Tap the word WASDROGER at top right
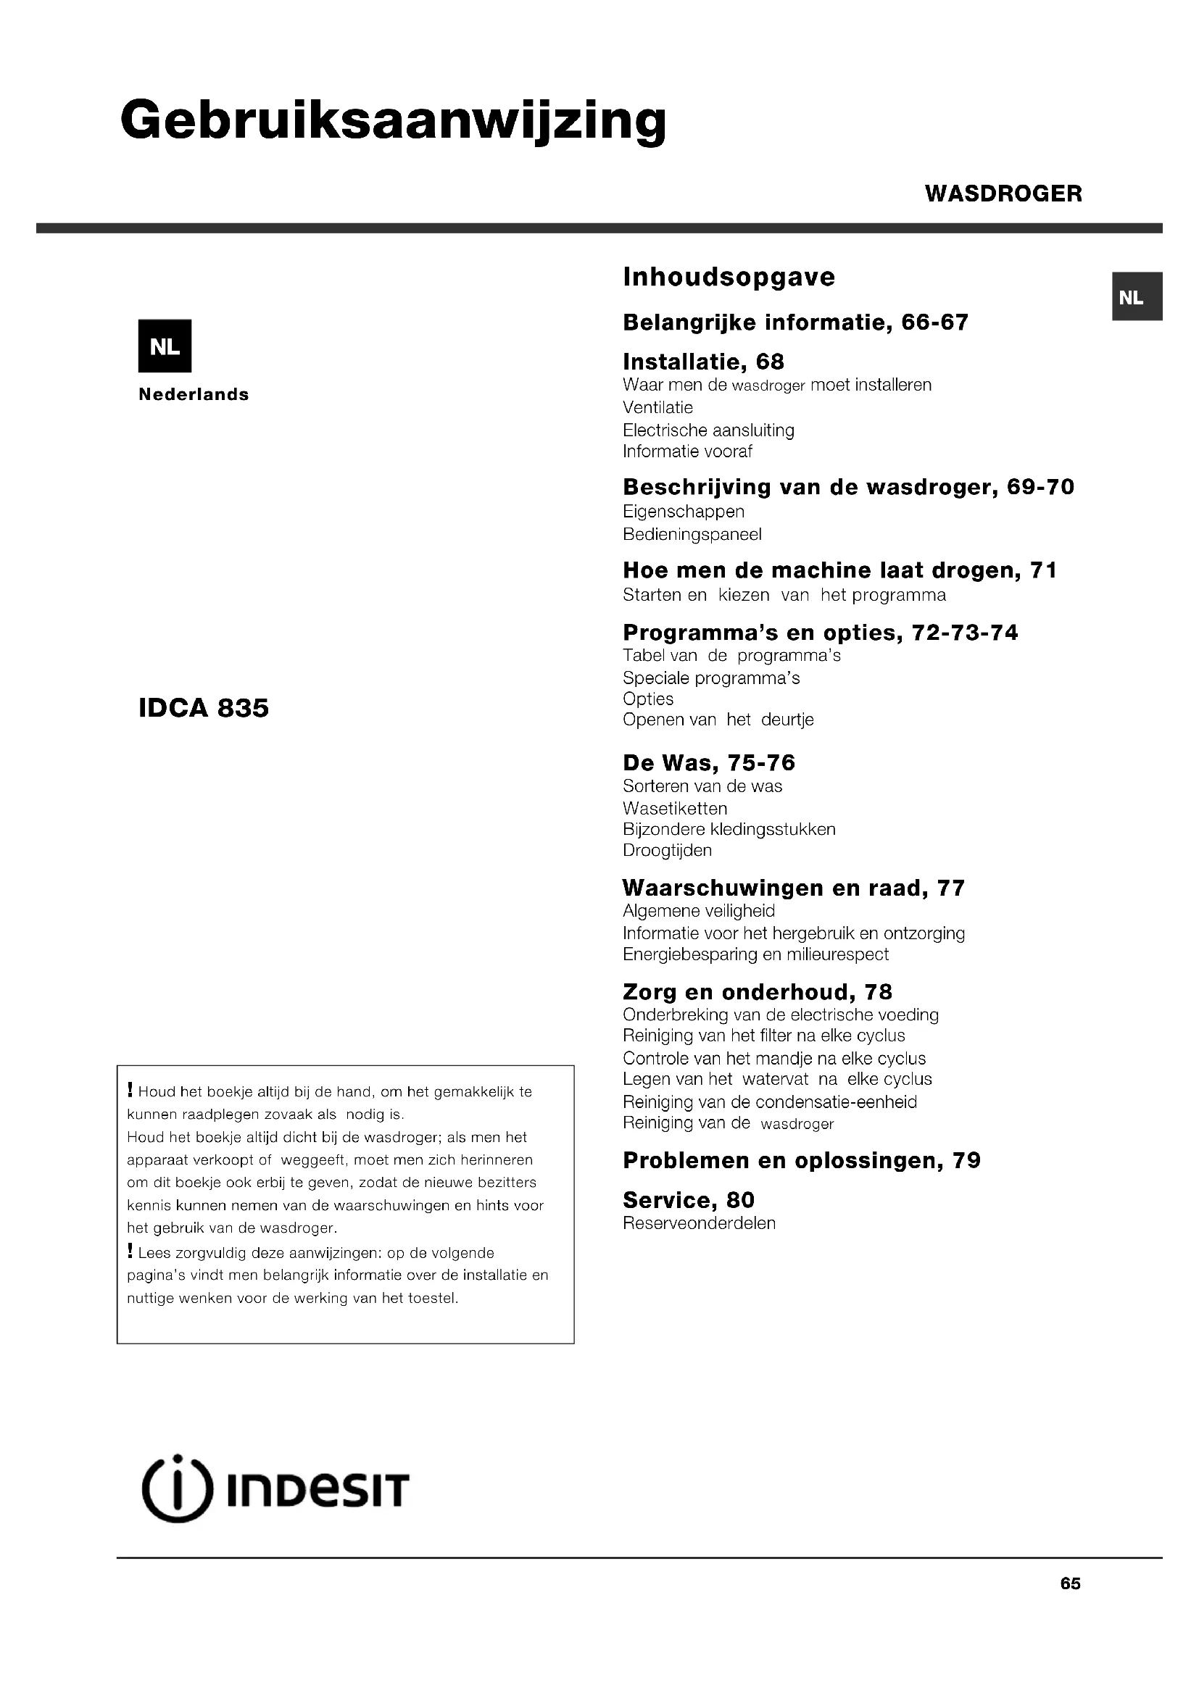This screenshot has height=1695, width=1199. [x=1003, y=193]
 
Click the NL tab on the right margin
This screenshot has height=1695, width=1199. [x=1137, y=297]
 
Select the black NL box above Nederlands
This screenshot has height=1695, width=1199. [x=165, y=346]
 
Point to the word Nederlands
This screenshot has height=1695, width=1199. [x=194, y=394]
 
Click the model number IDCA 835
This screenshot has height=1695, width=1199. [x=204, y=708]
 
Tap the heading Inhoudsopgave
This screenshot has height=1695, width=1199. [x=729, y=277]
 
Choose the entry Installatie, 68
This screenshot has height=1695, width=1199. [x=703, y=362]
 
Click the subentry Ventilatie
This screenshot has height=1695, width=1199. [x=657, y=407]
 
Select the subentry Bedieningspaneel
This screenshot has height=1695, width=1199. [x=692, y=534]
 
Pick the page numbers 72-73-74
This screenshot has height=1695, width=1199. [x=965, y=633]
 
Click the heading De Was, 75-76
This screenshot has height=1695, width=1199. [x=709, y=762]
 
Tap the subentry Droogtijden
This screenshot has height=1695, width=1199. [x=668, y=851]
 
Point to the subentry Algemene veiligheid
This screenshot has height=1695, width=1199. [x=698, y=911]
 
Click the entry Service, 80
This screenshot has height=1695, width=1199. [x=688, y=1199]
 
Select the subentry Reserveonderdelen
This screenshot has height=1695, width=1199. [x=699, y=1223]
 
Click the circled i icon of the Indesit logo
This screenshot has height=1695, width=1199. [x=176, y=1489]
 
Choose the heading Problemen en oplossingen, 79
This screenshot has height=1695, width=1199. [x=801, y=1160]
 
